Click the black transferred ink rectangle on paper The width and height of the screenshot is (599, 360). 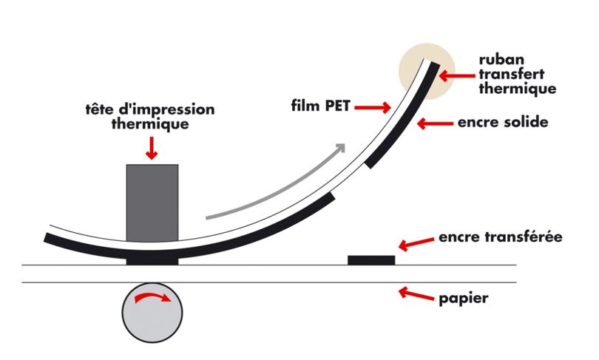[x=371, y=259]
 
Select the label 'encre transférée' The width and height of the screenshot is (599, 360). [x=501, y=238]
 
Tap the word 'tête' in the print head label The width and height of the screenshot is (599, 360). [x=100, y=110]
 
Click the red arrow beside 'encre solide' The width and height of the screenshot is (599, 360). [x=433, y=123]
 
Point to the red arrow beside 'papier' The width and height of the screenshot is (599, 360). [x=416, y=295]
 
